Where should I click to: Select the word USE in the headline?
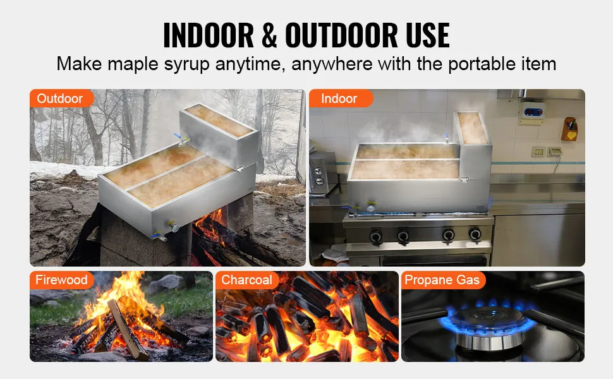coord(420,35)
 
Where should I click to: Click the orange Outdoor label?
coord(60,99)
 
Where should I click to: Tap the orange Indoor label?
coord(339,99)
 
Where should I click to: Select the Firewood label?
coord(61,280)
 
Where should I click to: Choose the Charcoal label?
coord(247,280)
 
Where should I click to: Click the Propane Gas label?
coord(442,280)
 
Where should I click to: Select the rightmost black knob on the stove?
coord(475,235)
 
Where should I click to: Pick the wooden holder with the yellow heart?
coord(569,129)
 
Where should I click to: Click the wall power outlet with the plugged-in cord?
coord(554,152)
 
